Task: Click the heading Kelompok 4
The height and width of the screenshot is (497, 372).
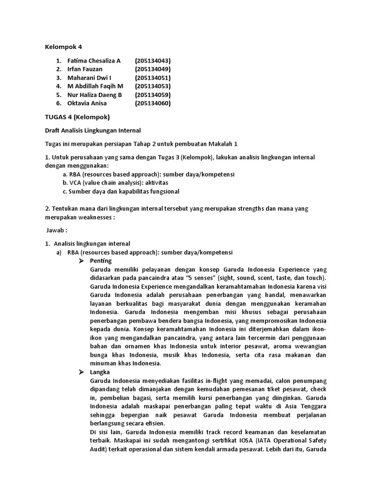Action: point(63,47)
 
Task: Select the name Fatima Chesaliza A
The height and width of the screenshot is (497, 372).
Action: point(94,61)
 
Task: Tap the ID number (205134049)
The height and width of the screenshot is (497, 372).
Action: point(153,69)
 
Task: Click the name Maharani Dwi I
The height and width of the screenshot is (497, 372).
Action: point(89,78)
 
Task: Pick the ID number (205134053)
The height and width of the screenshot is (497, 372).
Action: point(153,86)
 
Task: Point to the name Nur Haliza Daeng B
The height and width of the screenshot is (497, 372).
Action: point(94,95)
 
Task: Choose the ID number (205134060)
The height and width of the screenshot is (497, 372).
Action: point(153,103)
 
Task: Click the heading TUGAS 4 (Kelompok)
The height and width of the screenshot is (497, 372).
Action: point(77,117)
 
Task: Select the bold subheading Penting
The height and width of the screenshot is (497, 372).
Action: point(101,261)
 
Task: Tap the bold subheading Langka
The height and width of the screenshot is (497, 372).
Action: point(100,372)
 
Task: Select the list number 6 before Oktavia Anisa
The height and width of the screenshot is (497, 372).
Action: point(58,103)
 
